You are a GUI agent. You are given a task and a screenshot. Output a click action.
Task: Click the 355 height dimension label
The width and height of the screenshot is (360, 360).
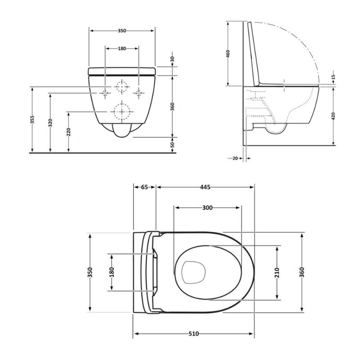tap(32, 120)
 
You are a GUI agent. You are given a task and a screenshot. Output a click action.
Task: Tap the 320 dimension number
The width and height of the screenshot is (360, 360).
tap(50, 123)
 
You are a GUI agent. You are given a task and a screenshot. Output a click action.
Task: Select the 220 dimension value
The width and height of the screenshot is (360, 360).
tap(68, 132)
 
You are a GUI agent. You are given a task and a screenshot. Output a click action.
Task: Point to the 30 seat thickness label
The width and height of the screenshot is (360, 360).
tap(173, 59)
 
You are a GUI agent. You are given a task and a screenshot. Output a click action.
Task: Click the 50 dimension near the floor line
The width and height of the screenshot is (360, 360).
tap(173, 144)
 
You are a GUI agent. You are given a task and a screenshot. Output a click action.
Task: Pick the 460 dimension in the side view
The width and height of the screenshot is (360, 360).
tap(228, 54)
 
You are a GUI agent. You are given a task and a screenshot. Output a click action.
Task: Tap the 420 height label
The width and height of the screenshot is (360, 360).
tap(333, 116)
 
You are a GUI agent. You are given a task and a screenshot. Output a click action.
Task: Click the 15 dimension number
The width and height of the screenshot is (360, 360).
tap(333, 76)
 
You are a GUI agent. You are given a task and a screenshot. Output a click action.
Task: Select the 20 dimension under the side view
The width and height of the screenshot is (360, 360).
tap(235, 158)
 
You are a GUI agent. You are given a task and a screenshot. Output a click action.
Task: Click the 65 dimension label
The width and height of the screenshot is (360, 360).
tap(144, 187)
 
